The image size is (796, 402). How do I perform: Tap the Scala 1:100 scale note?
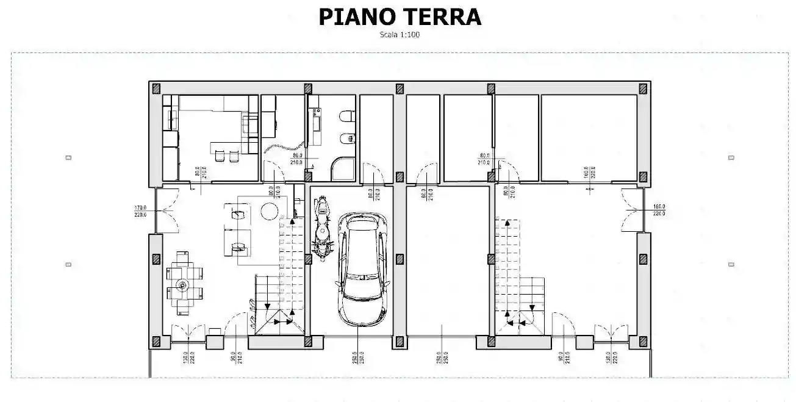tap(400, 35)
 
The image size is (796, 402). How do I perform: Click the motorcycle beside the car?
tap(321, 226)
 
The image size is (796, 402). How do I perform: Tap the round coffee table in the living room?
tap(269, 210)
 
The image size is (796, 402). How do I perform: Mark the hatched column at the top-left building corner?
tap(156, 88)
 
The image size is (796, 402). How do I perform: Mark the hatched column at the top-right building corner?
tap(643, 88)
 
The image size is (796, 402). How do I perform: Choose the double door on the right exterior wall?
tap(631, 210)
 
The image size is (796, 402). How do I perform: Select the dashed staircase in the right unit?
tap(510, 262)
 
